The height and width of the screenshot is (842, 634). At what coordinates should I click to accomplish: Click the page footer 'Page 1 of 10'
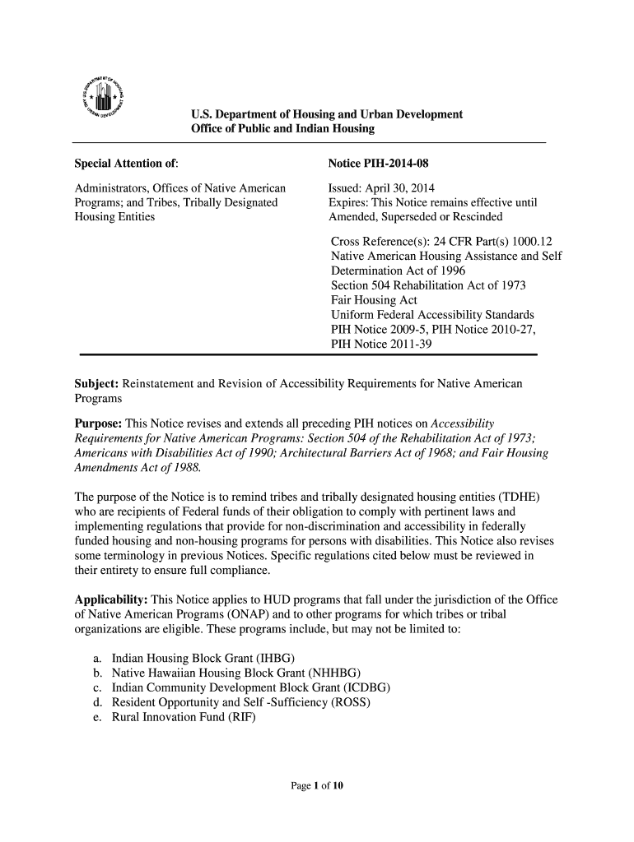point(317,786)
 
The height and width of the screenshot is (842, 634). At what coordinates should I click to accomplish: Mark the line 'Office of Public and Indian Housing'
point(282,129)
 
